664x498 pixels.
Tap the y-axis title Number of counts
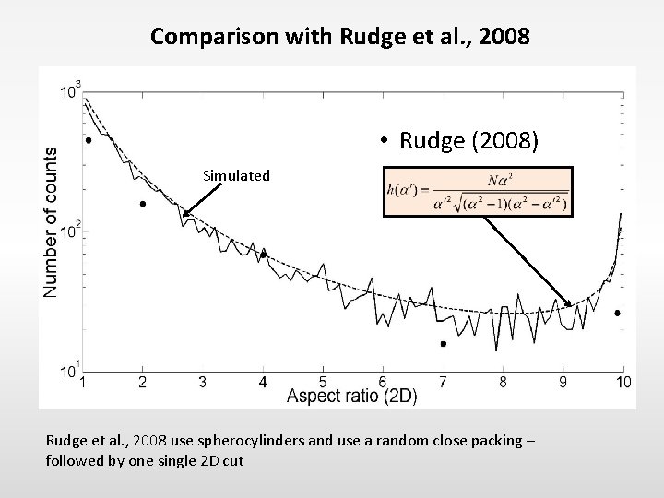tap(51, 221)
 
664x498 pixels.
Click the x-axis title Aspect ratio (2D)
tap(352, 396)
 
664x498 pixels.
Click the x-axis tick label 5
tap(322, 382)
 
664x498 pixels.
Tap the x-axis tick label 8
tap(503, 382)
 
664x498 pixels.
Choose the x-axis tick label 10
tap(623, 382)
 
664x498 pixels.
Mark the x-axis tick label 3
tap(202, 382)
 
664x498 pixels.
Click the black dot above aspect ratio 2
tap(143, 204)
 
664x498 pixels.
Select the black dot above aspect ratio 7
tap(443, 344)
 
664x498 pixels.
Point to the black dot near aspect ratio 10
tap(617, 314)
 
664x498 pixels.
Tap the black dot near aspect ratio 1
tap(89, 141)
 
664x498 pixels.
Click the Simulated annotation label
tap(238, 175)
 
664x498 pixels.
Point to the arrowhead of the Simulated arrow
tap(184, 215)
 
